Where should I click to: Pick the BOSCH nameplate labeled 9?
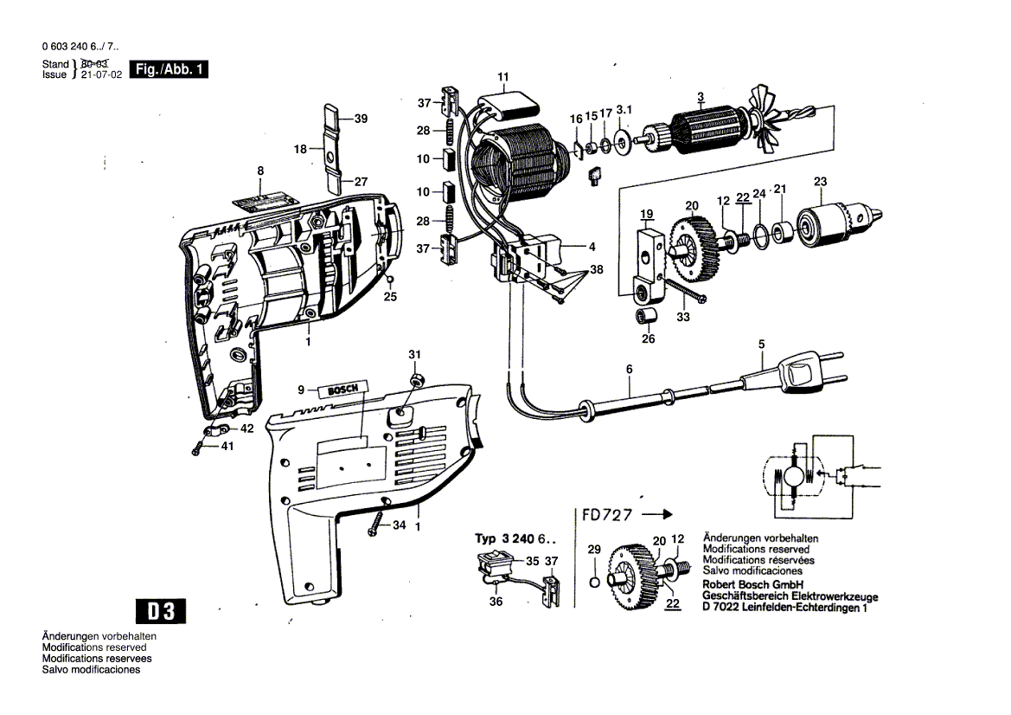[344, 390]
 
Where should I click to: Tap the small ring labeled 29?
[594, 580]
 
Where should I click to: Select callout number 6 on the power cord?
[629, 370]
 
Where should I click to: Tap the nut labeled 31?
[415, 381]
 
